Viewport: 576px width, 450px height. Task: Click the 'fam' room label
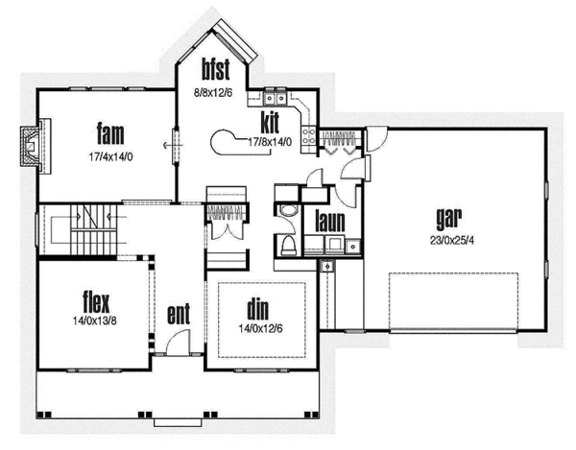click(x=107, y=131)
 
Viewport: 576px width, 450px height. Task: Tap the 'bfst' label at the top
click(x=213, y=68)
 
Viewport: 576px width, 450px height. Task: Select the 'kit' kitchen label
click(x=270, y=123)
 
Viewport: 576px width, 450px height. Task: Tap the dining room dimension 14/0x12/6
click(x=256, y=328)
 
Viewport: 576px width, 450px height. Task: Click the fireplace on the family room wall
click(x=33, y=147)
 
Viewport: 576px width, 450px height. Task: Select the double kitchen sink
click(x=276, y=97)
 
